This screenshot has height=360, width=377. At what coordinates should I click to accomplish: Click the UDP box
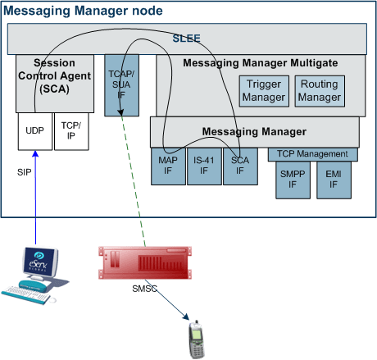point(35,131)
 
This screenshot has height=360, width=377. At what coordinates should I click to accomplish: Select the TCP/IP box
point(71,131)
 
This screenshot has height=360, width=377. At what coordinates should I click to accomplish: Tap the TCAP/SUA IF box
point(121,85)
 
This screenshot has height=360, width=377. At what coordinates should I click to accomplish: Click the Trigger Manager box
point(264,91)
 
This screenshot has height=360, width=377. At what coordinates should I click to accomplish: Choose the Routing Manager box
point(320,91)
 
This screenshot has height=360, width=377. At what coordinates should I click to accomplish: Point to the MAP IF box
point(168,166)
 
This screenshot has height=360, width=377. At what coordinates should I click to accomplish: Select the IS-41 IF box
point(204,166)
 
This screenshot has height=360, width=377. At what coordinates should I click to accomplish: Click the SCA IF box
point(240,166)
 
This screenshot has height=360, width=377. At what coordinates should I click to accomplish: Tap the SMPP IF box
point(293,180)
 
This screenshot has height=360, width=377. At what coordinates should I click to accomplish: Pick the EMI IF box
point(334,180)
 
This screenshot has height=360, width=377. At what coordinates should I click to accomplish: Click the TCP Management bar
point(313,154)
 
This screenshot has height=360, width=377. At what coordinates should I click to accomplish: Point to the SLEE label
point(186,39)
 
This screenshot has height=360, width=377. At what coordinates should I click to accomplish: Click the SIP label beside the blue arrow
point(25,172)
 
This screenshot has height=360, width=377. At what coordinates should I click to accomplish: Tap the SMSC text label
point(144,289)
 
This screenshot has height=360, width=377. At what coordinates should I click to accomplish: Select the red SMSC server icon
point(145,262)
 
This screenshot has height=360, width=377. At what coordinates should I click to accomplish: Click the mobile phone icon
point(197,339)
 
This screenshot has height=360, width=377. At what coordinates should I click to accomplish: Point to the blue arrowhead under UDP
point(35,154)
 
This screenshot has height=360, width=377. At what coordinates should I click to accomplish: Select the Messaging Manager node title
point(83,11)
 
